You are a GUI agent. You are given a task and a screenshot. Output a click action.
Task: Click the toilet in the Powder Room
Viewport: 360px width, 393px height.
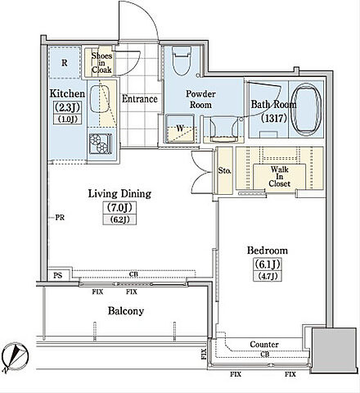182,61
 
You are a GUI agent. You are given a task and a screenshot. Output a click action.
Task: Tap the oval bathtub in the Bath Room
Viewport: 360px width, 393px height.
306,109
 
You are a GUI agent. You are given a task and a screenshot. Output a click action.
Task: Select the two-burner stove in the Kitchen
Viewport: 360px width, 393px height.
101,144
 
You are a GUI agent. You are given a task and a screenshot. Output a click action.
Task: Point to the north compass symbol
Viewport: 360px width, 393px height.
15,358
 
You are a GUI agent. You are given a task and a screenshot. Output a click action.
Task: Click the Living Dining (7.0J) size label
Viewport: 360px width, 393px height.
119,208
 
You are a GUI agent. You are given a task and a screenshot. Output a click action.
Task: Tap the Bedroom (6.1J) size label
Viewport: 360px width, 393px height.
267,264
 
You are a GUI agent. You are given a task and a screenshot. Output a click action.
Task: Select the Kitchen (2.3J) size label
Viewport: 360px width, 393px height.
67,107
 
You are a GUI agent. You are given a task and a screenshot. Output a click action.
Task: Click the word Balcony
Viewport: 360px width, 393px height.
126,311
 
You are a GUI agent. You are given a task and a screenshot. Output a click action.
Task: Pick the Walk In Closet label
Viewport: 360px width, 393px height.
279,177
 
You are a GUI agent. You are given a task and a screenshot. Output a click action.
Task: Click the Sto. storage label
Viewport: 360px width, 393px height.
225,171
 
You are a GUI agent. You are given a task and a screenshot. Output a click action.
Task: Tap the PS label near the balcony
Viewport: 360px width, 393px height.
58,275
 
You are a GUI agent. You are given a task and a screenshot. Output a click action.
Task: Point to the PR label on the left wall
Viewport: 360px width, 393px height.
60,218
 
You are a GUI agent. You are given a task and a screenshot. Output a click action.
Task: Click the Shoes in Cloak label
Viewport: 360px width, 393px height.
101,63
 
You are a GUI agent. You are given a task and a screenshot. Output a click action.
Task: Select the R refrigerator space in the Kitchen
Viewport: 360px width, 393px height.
65,63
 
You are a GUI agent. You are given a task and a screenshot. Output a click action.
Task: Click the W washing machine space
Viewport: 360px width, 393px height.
180,129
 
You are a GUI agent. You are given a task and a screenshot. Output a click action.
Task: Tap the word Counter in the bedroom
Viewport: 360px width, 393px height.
264,345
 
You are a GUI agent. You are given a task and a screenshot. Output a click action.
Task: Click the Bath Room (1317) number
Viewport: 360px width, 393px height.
273,118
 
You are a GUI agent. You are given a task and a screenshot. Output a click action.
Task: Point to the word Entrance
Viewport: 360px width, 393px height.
140,98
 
